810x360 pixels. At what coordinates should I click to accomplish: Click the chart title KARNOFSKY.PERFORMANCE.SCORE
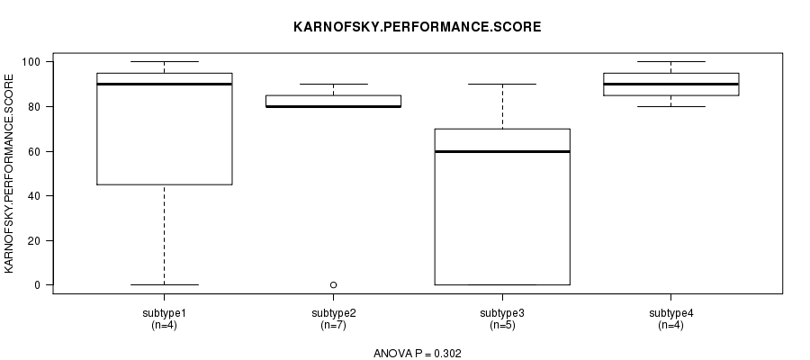(418, 27)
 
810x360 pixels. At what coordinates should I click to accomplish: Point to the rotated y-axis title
(9, 174)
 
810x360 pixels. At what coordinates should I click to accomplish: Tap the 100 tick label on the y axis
(31, 62)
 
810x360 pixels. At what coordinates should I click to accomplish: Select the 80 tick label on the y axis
(34, 106)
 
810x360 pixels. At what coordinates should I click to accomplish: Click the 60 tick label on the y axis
(34, 151)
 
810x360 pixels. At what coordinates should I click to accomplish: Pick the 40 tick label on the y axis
(34, 196)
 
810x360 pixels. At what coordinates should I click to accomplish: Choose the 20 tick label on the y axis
(34, 240)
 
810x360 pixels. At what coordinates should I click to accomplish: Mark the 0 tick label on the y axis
(37, 285)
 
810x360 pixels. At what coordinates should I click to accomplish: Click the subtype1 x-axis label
(165, 313)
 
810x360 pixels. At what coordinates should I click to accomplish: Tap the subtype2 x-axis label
(333, 313)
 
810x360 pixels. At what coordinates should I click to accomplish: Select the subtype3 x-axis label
(502, 313)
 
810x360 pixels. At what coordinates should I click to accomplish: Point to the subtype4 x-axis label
(671, 313)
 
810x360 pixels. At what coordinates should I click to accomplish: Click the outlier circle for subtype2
(333, 285)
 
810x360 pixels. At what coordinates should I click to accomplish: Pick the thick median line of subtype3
(502, 151)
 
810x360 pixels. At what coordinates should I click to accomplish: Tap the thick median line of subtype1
(165, 85)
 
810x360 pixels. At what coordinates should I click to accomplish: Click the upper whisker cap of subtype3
(502, 85)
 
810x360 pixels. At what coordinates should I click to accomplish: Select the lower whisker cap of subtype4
(671, 106)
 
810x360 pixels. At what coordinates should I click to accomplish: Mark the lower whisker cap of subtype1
(165, 284)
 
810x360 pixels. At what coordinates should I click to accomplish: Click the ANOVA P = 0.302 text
(418, 354)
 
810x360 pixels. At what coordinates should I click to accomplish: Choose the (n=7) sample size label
(333, 326)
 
